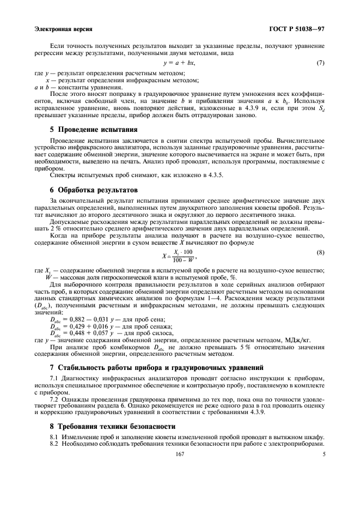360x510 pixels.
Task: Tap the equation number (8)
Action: pos(320,253)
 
